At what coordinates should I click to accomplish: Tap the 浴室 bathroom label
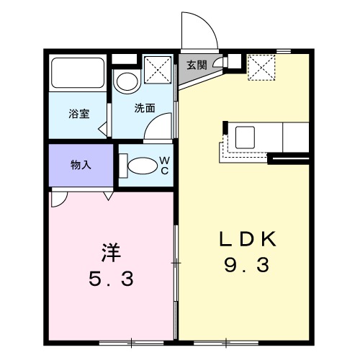tap(78, 113)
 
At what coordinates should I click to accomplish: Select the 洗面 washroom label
tap(144, 108)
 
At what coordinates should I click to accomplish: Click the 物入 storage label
tap(80, 165)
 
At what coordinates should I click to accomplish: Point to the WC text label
tap(163, 164)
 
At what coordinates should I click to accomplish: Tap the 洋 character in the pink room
tap(109, 253)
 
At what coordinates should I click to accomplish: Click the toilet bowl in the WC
tap(142, 165)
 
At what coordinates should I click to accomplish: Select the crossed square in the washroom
tap(157, 70)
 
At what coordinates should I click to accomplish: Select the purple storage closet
tap(80, 165)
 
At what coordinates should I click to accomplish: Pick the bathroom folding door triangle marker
tap(102, 130)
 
